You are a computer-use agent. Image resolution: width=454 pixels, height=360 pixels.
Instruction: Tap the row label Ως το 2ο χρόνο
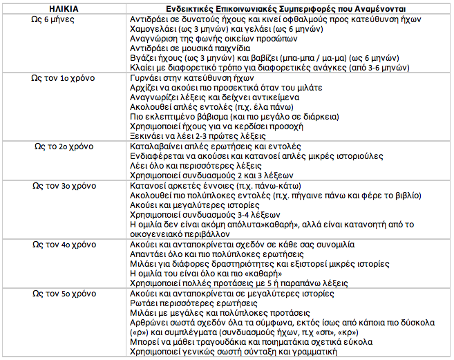click(x=65, y=147)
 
